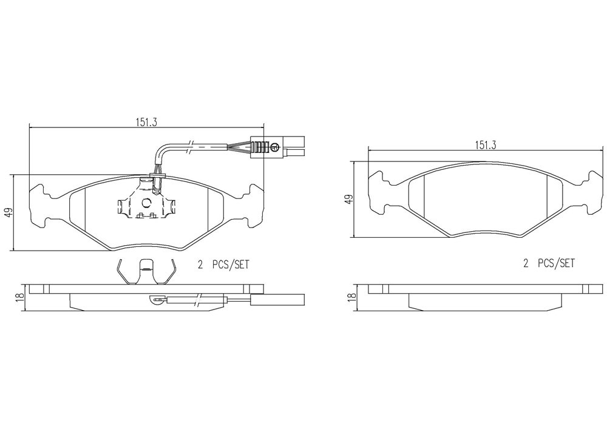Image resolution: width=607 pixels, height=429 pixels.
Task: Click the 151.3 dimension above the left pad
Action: [x=146, y=122]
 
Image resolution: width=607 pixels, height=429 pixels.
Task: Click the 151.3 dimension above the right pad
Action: [x=486, y=145]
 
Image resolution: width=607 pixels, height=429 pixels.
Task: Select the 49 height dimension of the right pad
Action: [x=350, y=199]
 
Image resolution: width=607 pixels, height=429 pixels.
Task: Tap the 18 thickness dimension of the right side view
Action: [x=351, y=297]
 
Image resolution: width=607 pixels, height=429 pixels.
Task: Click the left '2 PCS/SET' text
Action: [x=224, y=265]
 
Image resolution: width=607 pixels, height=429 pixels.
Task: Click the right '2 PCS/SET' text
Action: [x=549, y=263]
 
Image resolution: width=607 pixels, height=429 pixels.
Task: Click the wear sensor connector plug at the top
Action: [x=277, y=147]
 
